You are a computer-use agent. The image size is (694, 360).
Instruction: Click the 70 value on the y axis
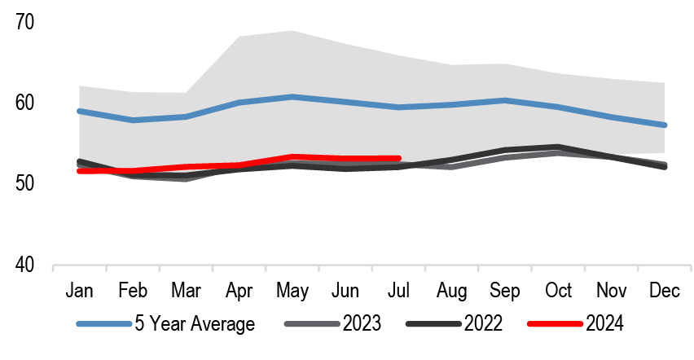pos(25,22)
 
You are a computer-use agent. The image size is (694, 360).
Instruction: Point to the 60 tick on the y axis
pos(25,103)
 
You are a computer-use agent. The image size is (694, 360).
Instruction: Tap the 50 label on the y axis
pos(25,184)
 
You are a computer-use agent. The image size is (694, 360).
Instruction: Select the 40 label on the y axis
pos(25,266)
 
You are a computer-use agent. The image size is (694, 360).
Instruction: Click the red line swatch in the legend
pos(554,324)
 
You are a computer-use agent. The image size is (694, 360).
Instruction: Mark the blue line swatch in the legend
pos(103,324)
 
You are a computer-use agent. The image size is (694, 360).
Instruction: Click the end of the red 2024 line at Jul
pos(399,158)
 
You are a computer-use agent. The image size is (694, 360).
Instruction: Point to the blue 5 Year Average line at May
pos(293,97)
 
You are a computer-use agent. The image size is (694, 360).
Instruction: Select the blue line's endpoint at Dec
pos(665,125)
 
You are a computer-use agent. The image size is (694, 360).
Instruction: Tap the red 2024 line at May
pos(293,156)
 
